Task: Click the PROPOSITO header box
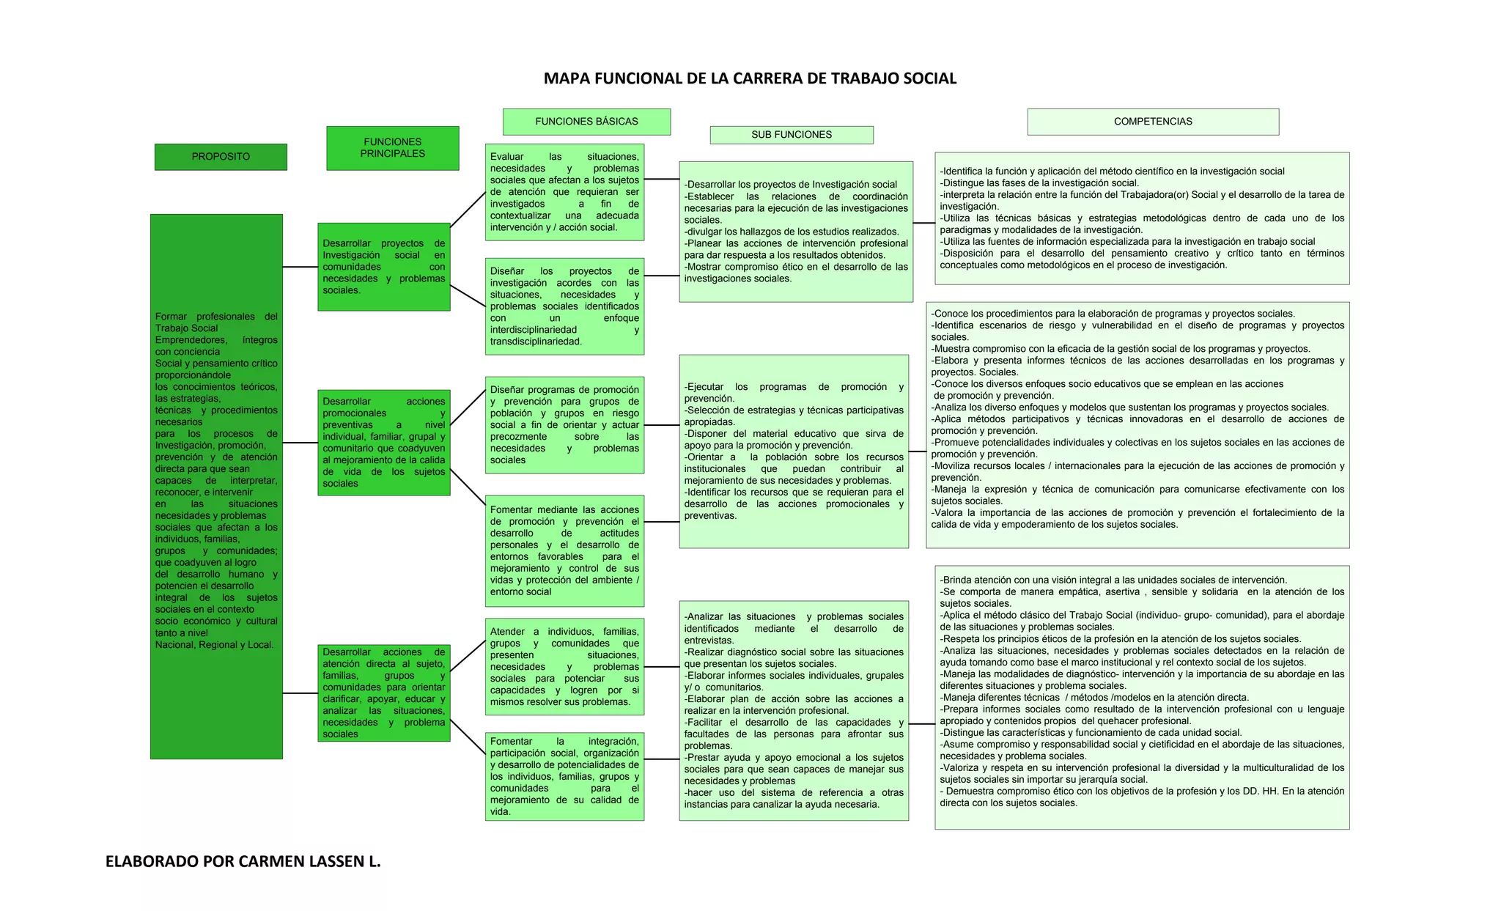(x=221, y=157)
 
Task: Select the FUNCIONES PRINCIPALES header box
(x=393, y=148)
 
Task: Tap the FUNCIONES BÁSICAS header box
(x=586, y=122)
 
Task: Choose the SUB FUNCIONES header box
(x=792, y=135)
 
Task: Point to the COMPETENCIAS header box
(x=1153, y=122)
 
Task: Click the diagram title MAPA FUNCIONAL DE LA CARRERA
(x=750, y=78)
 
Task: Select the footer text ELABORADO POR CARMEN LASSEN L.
(x=243, y=861)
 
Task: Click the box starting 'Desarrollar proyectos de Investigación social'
(x=384, y=267)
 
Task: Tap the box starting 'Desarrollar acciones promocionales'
(x=384, y=443)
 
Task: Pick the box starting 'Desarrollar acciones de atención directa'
(x=384, y=693)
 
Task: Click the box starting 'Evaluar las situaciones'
(x=564, y=192)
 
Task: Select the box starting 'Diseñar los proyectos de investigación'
(x=564, y=306)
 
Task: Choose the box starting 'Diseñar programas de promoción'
(x=564, y=425)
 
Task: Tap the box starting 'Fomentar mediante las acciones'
(x=564, y=550)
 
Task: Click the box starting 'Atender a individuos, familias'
(x=564, y=667)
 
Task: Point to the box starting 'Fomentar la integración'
(x=564, y=776)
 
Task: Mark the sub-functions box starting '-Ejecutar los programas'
(x=794, y=451)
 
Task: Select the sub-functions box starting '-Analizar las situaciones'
(x=794, y=711)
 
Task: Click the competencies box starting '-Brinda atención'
(x=1142, y=697)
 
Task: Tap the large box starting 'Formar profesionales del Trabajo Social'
(x=216, y=487)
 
